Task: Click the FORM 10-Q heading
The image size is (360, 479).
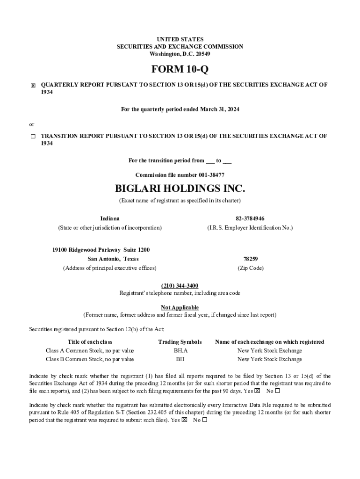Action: [180, 70]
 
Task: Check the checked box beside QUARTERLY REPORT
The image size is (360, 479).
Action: [33, 86]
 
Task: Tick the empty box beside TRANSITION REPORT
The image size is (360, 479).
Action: [33, 137]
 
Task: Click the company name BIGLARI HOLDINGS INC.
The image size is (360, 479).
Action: [180, 189]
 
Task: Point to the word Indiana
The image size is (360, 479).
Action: [110, 218]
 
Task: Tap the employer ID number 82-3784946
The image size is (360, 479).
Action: [250, 218]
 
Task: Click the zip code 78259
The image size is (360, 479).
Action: [251, 259]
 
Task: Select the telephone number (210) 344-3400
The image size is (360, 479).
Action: [180, 285]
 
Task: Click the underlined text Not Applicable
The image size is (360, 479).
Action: [180, 307]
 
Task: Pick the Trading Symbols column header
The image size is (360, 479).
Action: [180, 342]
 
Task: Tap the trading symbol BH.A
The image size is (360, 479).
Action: [180, 350]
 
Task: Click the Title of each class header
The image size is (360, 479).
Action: [90, 342]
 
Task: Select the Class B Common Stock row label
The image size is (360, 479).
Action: [90, 359]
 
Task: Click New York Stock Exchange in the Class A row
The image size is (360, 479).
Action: [270, 350]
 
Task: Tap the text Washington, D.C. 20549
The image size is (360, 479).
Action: [180, 54]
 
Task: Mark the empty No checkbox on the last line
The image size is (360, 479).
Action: [205, 420]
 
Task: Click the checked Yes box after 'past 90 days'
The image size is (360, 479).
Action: [257, 391]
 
